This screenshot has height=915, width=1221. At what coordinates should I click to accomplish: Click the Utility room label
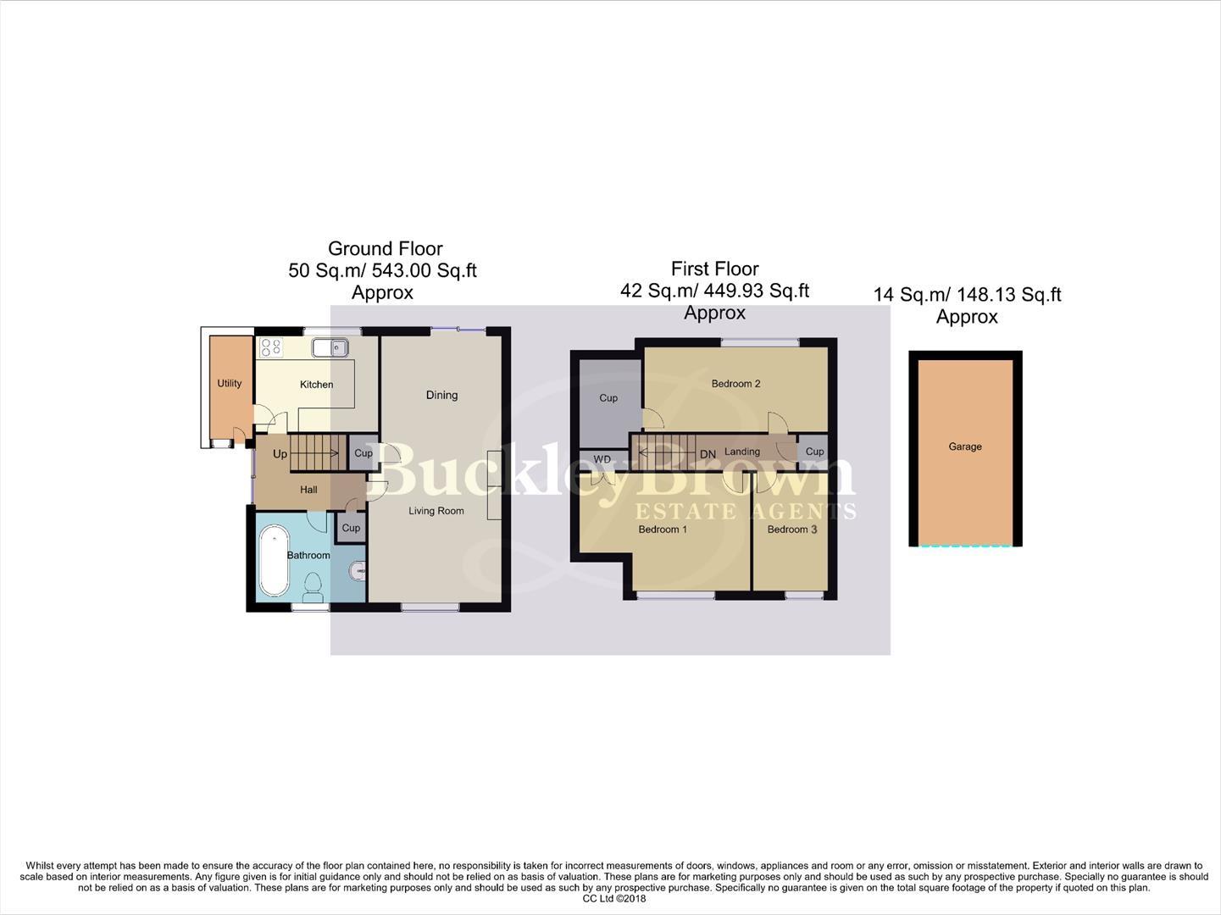coord(230,383)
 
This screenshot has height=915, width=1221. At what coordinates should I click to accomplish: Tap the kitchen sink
coord(330,347)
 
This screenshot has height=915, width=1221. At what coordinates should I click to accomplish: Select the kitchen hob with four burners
coord(271,347)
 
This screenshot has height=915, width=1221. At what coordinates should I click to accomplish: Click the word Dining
coord(441,395)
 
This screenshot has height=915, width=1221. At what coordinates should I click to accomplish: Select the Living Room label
coord(436,510)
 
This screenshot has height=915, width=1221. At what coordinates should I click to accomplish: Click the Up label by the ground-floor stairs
coord(280,454)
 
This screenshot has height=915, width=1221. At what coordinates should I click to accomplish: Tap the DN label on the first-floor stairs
coord(708,455)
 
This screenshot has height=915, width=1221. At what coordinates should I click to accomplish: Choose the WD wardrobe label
coord(602,459)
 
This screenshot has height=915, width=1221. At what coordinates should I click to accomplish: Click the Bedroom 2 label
coord(735,384)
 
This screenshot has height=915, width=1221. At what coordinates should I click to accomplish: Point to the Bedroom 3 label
coord(792,530)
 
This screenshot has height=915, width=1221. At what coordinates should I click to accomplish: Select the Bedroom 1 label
coord(663,530)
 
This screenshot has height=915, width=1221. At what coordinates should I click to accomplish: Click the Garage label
coord(965,446)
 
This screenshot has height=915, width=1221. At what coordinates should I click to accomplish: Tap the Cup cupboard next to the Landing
coord(815,452)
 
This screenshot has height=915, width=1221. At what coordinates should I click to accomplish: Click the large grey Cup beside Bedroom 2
coord(608,397)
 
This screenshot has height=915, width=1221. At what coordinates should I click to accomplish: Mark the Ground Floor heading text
coord(385,249)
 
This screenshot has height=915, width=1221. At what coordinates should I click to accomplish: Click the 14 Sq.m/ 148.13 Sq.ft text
coord(967,295)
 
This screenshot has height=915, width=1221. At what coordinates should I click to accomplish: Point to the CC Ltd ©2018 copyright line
coord(613,899)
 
